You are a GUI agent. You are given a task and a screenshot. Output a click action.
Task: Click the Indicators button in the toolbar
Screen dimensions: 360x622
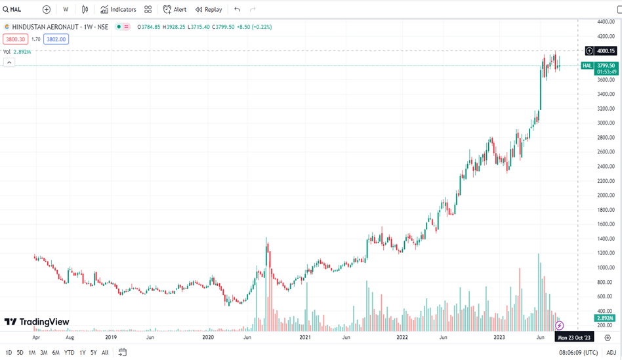click(x=118, y=10)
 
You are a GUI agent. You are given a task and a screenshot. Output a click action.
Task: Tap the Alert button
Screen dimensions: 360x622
click(x=175, y=10)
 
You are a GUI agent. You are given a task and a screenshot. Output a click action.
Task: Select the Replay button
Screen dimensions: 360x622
click(x=209, y=10)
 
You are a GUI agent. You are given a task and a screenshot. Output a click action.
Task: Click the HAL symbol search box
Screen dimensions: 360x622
click(x=20, y=10)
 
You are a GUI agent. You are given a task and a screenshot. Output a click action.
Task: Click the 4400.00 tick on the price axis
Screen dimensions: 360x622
click(x=605, y=22)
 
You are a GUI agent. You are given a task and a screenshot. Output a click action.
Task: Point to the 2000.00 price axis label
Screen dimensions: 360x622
click(x=605, y=195)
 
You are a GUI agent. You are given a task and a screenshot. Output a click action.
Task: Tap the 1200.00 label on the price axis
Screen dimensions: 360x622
click(x=605, y=253)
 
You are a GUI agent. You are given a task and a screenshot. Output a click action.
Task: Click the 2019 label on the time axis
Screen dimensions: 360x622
click(x=111, y=338)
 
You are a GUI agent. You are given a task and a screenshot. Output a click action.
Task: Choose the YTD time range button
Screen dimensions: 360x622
click(x=69, y=353)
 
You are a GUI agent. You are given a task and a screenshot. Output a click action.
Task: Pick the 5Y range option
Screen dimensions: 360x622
click(x=94, y=353)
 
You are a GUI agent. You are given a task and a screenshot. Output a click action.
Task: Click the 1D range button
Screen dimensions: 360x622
click(x=9, y=353)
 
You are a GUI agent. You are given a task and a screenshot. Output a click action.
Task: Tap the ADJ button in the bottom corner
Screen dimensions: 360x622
click(x=611, y=353)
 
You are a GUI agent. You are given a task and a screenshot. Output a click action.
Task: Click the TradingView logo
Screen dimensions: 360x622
click(x=37, y=322)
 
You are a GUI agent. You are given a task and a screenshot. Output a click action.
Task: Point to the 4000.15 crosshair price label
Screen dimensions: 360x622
click(x=606, y=51)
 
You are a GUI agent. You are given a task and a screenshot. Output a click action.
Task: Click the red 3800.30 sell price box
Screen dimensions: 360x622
click(x=15, y=39)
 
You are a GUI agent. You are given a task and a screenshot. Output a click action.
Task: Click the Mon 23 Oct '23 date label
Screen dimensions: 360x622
click(x=574, y=338)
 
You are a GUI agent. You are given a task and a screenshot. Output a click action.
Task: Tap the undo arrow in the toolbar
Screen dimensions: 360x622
click(x=237, y=10)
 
